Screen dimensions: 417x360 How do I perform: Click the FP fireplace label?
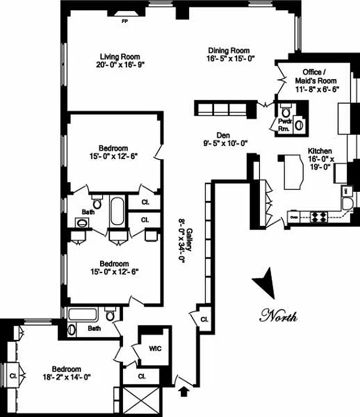(x=125, y=21)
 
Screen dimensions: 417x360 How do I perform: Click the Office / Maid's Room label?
(x=320, y=76)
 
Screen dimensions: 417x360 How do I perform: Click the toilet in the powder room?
(x=285, y=112)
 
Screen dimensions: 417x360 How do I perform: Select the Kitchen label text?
(x=320, y=151)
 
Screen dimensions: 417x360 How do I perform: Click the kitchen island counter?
(x=294, y=173)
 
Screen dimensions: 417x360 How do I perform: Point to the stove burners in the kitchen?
(x=318, y=216)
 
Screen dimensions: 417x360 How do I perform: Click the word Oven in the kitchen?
(x=293, y=217)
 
